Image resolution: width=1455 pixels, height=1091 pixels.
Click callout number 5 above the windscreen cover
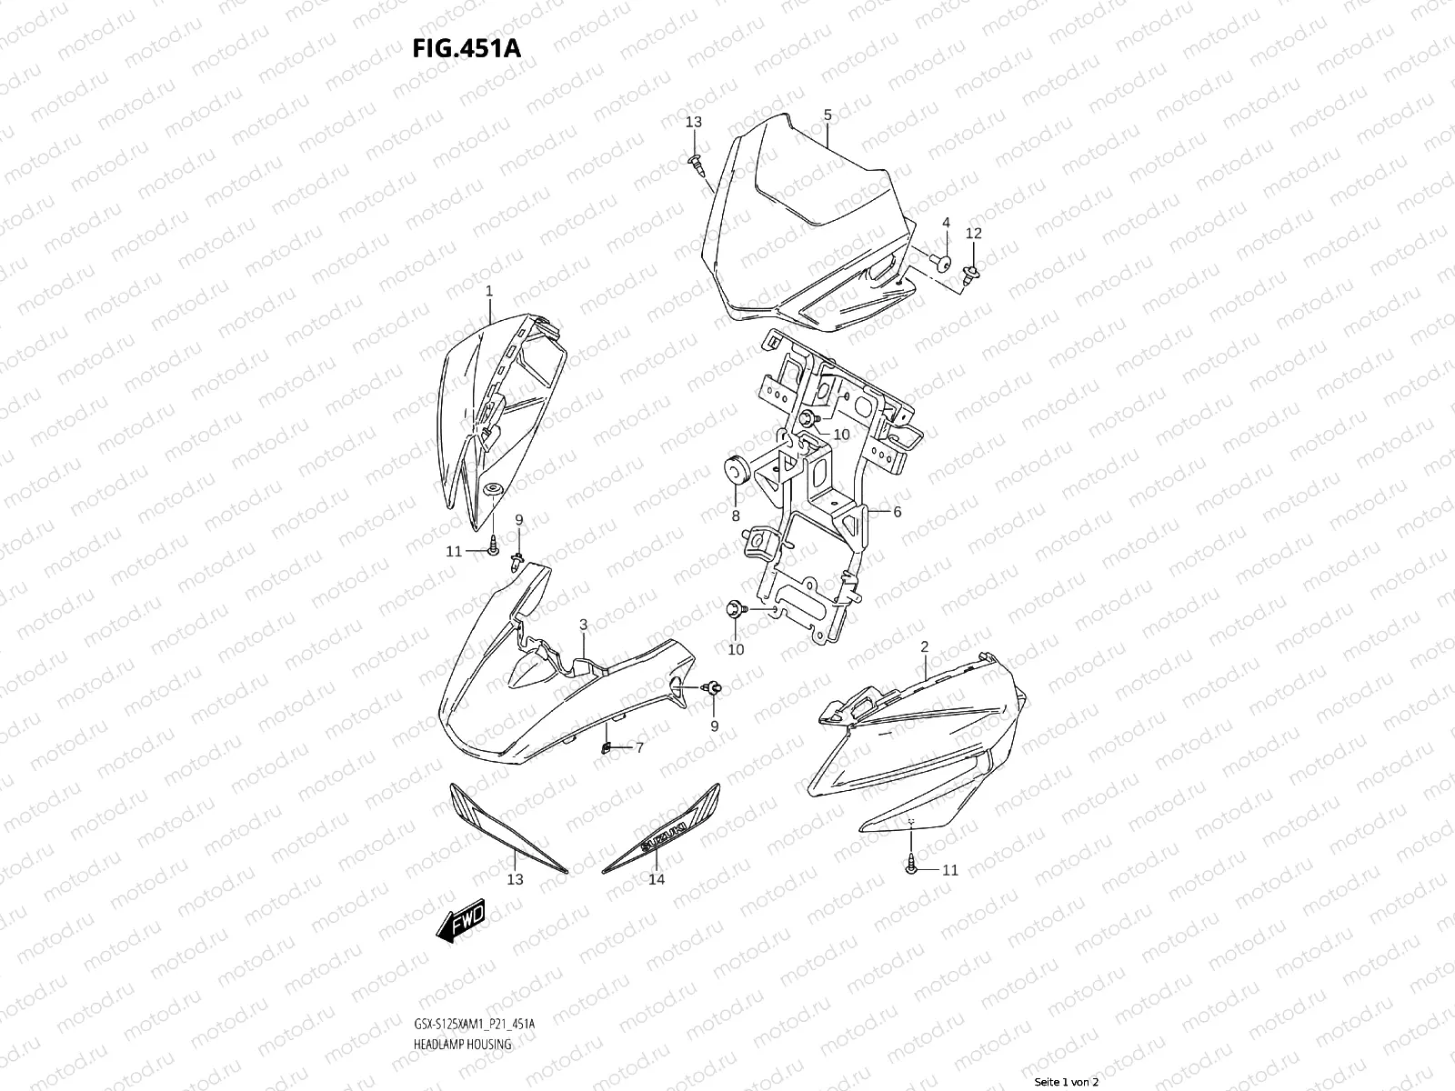828,115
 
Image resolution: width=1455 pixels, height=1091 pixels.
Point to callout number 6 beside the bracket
897,512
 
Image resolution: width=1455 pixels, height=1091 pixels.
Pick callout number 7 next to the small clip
639,747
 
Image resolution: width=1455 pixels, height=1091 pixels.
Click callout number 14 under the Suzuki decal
657,879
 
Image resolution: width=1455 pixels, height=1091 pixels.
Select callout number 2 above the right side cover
924,647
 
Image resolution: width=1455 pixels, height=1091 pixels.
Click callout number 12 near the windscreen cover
973,234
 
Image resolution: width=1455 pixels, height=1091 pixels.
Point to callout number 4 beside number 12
946,223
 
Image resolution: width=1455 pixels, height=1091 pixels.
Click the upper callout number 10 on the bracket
841,435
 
